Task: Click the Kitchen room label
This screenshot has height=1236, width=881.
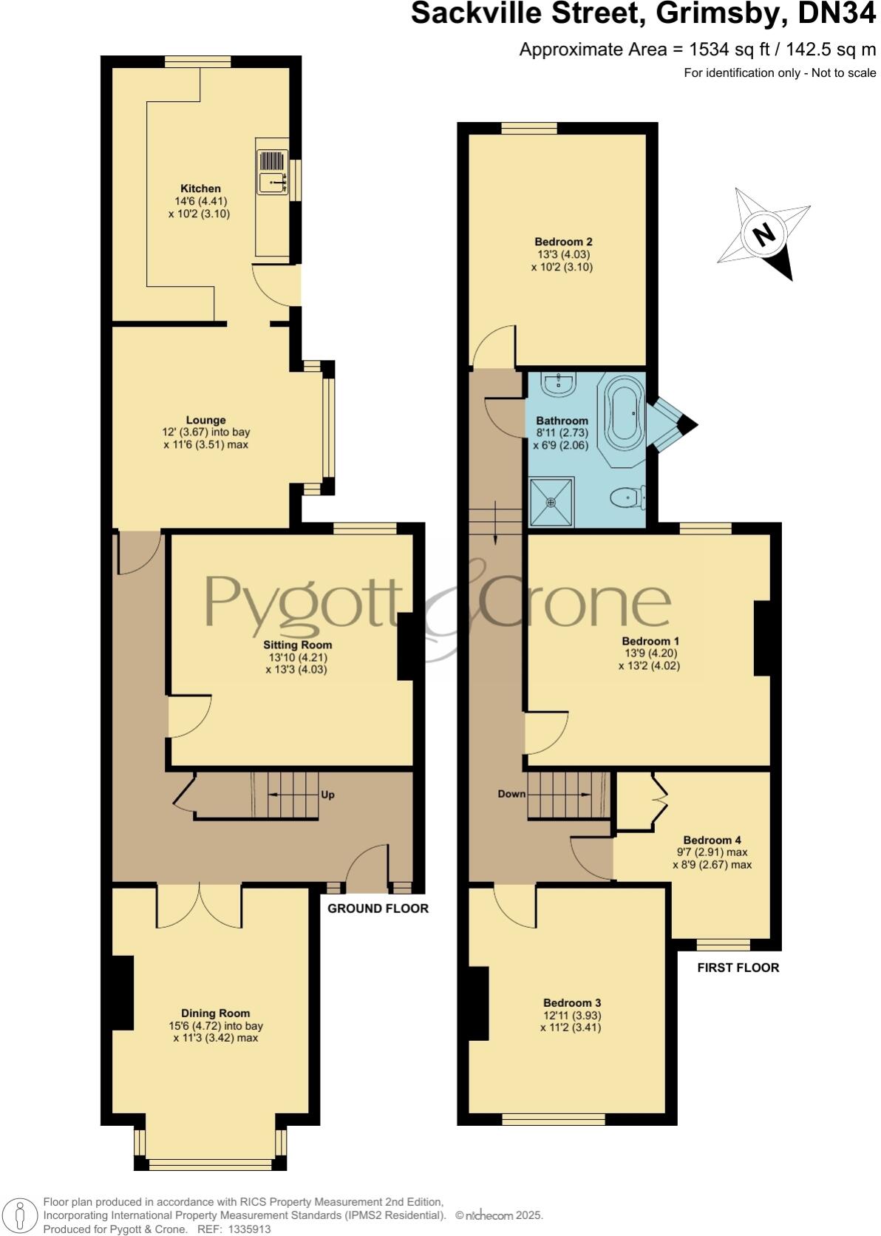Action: pyautogui.click(x=200, y=189)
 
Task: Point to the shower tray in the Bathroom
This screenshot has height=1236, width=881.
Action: pyautogui.click(x=551, y=502)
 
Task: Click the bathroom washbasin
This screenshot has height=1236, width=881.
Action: pyautogui.click(x=558, y=382)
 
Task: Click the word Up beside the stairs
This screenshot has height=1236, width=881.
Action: pyautogui.click(x=327, y=795)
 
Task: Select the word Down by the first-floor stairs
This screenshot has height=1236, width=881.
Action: pyautogui.click(x=511, y=794)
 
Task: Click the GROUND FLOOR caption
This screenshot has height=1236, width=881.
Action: pyautogui.click(x=378, y=909)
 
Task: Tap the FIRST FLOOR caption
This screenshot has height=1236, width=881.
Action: pyautogui.click(x=738, y=968)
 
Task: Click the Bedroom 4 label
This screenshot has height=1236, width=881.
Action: pyautogui.click(x=712, y=840)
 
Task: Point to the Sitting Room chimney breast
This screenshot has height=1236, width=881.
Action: pyautogui.click(x=406, y=646)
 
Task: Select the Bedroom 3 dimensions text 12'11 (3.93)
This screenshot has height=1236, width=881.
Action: pyautogui.click(x=572, y=1015)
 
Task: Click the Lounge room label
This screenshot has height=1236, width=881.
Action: pyautogui.click(x=205, y=420)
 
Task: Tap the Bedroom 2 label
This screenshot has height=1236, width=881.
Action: pyautogui.click(x=563, y=242)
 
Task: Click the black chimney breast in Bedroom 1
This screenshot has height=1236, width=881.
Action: pyautogui.click(x=762, y=639)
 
